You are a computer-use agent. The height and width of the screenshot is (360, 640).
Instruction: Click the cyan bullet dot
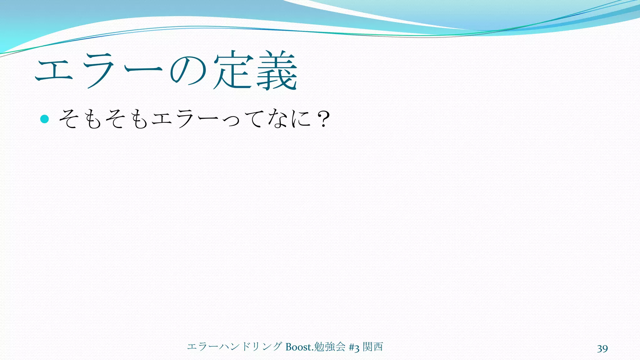[x=45, y=119]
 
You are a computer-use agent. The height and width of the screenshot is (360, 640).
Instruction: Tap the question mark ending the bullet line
[x=323, y=119]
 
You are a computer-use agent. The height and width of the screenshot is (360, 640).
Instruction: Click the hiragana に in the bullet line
[x=300, y=119]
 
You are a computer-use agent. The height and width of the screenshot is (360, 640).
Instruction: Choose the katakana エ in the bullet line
[x=162, y=119]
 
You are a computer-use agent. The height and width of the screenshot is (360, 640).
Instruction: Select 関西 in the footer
[x=373, y=347]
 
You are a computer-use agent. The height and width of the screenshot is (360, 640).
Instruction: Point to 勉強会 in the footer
[x=329, y=347]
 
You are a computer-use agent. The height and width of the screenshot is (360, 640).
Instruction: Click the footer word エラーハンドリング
[x=234, y=347]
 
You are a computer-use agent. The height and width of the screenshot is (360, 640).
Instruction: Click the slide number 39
[x=602, y=348]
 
